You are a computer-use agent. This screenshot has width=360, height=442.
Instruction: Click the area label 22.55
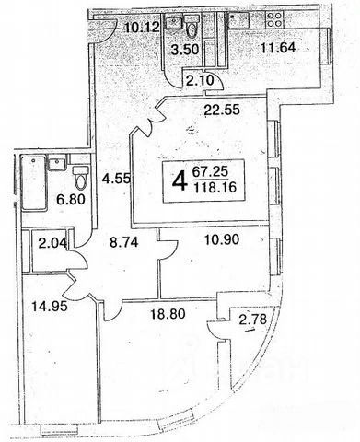click(222, 110)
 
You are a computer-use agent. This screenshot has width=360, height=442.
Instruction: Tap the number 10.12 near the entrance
click(143, 28)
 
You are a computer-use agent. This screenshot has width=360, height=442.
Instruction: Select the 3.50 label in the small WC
click(185, 49)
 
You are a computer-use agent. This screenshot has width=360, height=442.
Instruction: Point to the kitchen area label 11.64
click(278, 48)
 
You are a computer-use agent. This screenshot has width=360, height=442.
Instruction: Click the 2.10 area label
click(200, 81)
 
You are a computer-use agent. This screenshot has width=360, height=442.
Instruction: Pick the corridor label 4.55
click(117, 179)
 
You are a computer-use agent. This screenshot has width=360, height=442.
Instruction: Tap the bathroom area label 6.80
click(71, 200)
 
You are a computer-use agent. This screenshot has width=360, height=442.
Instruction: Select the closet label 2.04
click(52, 243)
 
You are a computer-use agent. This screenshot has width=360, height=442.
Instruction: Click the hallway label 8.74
click(124, 243)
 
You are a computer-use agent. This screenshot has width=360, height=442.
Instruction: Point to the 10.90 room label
click(222, 239)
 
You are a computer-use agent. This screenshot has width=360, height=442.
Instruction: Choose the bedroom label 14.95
click(50, 306)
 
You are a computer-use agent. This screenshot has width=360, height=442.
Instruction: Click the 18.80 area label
click(168, 314)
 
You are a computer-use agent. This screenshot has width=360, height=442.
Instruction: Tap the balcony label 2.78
click(252, 320)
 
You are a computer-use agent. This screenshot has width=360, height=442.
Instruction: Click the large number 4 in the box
click(180, 181)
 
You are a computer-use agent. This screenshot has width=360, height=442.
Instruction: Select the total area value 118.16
click(215, 187)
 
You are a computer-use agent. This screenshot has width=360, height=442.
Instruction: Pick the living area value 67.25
click(211, 171)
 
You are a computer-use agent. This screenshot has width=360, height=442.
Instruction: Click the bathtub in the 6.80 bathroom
click(34, 183)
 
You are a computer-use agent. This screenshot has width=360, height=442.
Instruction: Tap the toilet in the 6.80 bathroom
click(81, 178)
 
